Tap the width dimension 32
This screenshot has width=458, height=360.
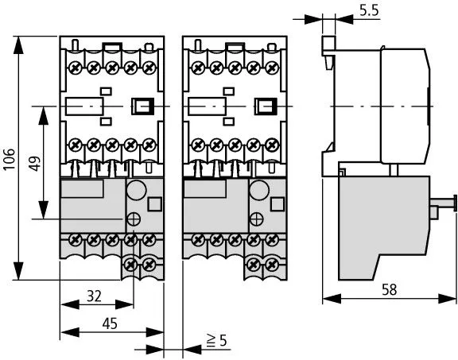coord(94,296)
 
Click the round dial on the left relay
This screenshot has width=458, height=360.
coord(136,190)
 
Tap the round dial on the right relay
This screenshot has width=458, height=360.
coord(258,190)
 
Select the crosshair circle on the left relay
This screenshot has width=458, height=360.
coord(132,219)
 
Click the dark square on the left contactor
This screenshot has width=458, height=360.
coord(142,106)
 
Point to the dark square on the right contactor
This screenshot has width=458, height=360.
coord(264,106)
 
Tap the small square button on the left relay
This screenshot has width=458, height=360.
coord(153,203)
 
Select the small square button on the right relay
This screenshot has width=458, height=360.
coord(275,203)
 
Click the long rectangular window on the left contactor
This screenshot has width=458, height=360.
coord(83,106)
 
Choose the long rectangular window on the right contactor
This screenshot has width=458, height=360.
coord(206,106)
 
